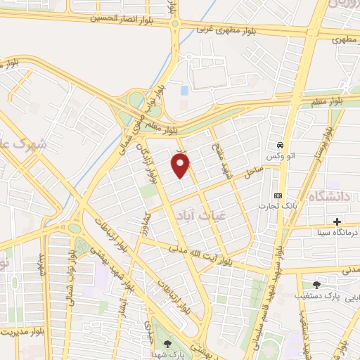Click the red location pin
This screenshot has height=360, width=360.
click(181, 165)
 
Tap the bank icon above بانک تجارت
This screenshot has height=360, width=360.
click(278, 195)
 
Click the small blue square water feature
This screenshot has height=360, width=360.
click(184, 91)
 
